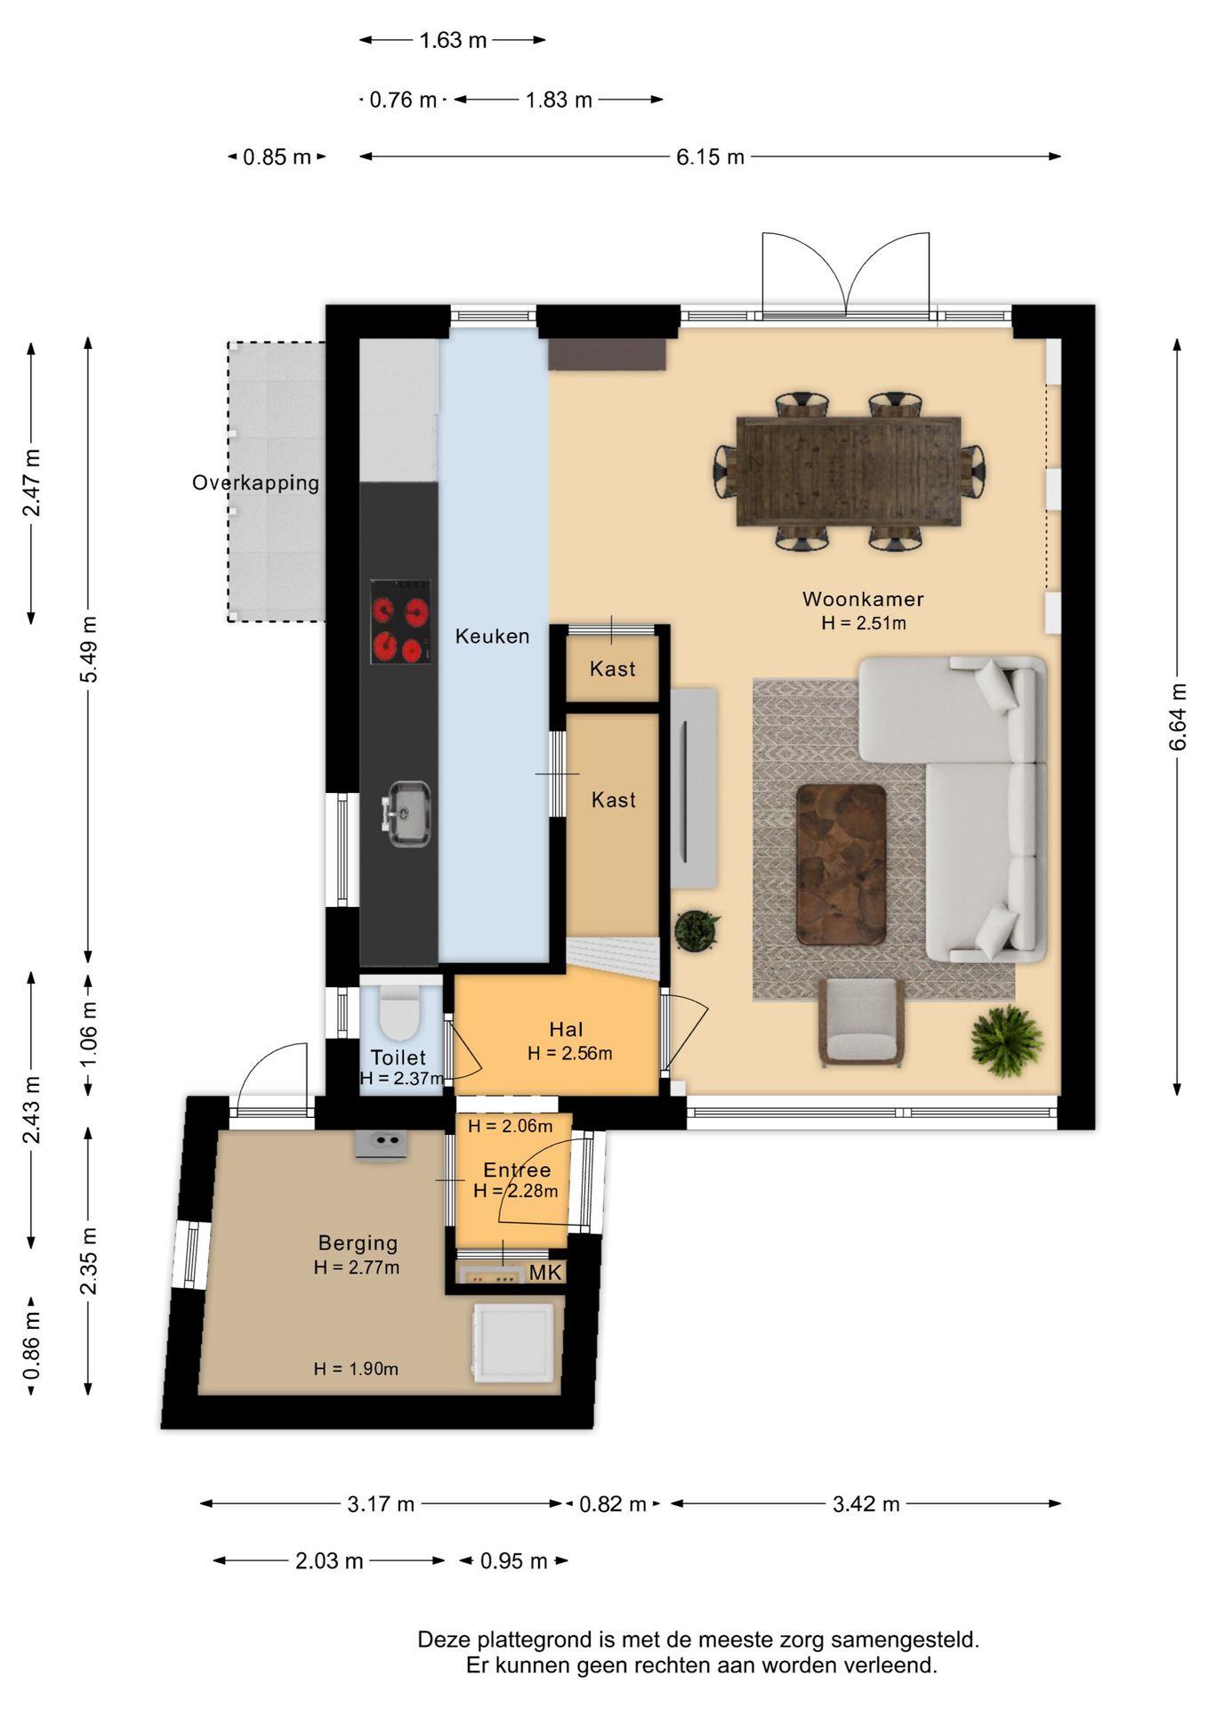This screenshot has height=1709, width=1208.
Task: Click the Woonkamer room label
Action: click(x=863, y=599)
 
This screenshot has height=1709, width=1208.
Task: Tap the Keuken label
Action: click(x=492, y=636)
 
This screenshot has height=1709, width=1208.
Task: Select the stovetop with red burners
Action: click(x=400, y=621)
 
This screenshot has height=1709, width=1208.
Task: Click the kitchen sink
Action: click(x=407, y=813)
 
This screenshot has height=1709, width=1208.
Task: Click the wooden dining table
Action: click(x=849, y=472)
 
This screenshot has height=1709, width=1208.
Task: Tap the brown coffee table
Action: click(x=841, y=864)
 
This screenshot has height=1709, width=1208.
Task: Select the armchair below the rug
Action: click(x=861, y=1022)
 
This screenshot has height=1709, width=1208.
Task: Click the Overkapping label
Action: click(x=255, y=483)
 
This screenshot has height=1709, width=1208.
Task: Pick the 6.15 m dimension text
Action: click(x=710, y=157)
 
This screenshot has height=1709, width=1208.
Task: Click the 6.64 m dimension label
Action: click(x=1177, y=717)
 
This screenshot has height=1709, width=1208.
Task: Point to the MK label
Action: click(x=545, y=1272)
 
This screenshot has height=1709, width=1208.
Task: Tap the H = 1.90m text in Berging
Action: click(x=356, y=1369)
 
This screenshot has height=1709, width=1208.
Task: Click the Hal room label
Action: click(x=566, y=1030)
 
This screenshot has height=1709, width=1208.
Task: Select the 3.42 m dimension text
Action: click(x=866, y=1504)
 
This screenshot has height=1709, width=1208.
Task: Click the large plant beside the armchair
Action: click(x=1007, y=1041)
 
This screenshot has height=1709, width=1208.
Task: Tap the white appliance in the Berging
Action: click(x=513, y=1342)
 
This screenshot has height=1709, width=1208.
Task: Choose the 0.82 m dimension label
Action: click(x=612, y=1504)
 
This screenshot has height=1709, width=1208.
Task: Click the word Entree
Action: click(x=517, y=1170)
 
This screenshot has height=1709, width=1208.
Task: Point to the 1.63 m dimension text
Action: click(x=453, y=40)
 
